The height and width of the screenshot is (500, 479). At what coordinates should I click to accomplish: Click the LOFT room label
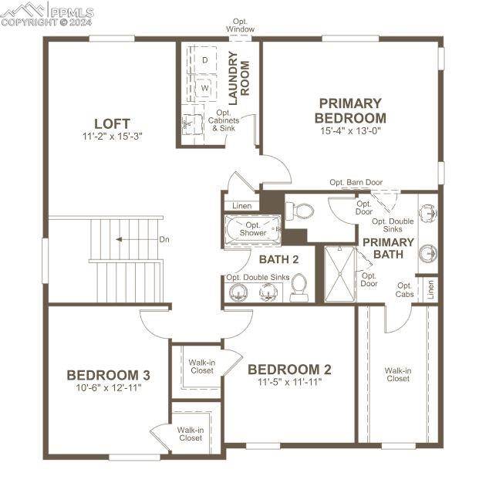coord(112,123)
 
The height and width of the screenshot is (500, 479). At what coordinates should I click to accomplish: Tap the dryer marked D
coord(205,59)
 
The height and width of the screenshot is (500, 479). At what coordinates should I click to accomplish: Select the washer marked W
coord(205,88)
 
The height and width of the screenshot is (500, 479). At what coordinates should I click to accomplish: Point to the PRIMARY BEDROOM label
coord(350,110)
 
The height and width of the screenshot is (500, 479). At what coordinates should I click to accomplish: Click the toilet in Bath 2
coord(299,288)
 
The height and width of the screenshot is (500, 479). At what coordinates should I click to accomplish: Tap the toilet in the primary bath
coord(299,211)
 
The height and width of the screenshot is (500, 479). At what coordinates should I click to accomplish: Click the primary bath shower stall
coord(339,274)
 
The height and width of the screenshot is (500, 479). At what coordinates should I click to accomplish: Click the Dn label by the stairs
coord(164,239)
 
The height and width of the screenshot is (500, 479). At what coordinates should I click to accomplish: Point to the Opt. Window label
coord(241,25)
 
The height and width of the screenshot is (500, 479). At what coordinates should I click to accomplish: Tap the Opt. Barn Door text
coord(356,182)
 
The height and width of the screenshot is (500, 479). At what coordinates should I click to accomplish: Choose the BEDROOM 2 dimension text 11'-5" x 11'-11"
coord(290,382)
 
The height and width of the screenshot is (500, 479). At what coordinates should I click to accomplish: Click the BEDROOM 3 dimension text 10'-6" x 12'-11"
coord(108,388)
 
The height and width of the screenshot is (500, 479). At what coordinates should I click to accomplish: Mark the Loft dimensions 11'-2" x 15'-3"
coord(112,136)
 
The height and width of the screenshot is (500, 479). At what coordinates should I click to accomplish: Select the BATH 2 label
coord(279,259)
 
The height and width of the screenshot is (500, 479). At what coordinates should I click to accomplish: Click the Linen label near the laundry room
coord(242,206)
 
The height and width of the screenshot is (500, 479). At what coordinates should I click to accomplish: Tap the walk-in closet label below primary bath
coord(398,374)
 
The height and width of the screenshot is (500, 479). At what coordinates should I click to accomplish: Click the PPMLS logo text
coord(72,13)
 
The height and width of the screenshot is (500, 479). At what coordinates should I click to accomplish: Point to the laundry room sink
coord(192,123)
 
